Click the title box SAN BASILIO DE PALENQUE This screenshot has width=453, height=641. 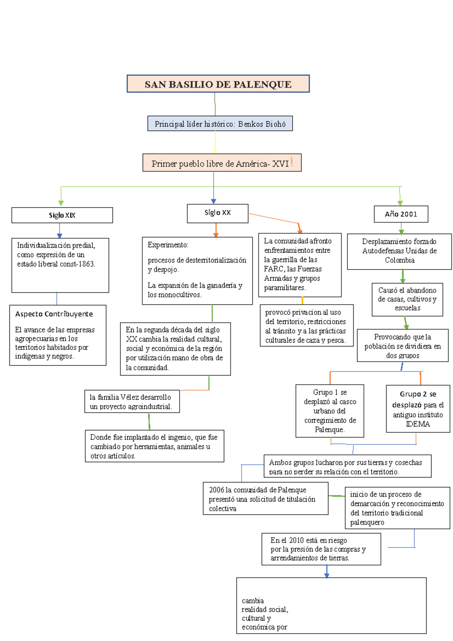(218, 84)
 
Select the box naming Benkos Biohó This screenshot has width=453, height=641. (220, 124)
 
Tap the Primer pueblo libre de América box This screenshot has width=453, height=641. (222, 163)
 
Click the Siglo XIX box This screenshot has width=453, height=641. (62, 215)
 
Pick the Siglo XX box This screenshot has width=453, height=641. (217, 213)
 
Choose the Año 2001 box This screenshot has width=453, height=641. (401, 214)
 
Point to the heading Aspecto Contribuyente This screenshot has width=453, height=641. (54, 314)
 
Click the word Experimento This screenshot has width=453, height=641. (168, 245)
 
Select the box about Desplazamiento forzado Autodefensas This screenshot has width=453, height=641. (399, 251)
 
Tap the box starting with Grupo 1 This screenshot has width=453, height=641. (330, 411)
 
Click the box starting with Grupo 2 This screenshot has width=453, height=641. (418, 408)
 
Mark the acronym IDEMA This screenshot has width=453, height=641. (418, 424)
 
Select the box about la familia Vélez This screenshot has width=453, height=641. (132, 402)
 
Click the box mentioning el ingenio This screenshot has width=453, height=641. (154, 446)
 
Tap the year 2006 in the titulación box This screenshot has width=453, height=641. (216, 490)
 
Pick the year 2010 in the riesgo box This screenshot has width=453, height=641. (296, 540)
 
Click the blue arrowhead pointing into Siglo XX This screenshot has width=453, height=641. (214, 201)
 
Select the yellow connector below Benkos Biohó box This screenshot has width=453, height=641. (215, 142)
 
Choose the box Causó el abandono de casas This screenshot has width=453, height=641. (407, 299)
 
